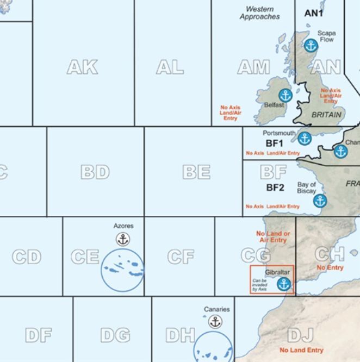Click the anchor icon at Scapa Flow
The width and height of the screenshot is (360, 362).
311,46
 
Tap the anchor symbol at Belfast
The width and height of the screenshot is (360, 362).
285,96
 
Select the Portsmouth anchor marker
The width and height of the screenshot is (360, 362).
305,139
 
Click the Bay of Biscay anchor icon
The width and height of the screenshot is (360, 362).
320,201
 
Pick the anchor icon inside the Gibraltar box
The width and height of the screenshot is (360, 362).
283,284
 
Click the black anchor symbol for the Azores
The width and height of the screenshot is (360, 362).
123,239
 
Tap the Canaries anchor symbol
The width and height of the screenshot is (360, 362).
215,322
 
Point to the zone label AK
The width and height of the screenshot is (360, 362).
82,67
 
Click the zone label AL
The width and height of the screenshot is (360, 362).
170,67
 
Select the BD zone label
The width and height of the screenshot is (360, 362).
95,172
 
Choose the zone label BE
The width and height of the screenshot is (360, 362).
196,172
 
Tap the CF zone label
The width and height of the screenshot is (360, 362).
181,257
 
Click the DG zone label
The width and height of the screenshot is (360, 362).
115,335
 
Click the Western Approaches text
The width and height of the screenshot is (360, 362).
259,13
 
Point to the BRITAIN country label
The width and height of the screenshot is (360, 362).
327,115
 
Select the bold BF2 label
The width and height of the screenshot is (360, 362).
275,188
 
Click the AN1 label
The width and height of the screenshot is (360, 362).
314,13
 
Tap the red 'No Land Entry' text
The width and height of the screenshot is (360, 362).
301,350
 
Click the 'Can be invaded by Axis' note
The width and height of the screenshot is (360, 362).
260,284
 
